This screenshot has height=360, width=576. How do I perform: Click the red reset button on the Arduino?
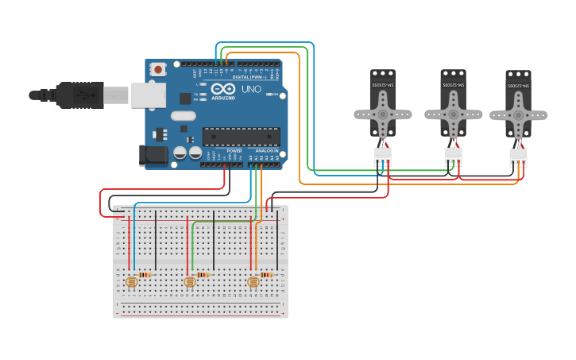158,69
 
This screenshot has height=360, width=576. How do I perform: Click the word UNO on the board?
251,89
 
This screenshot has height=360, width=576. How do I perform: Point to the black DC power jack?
153,156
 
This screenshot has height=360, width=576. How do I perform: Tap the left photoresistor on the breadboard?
132,281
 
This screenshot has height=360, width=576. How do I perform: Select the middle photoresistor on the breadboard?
190,281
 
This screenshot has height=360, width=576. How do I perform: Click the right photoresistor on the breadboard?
253,281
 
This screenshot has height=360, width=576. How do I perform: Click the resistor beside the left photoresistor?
145,275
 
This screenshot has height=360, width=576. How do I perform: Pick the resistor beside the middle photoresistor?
203,275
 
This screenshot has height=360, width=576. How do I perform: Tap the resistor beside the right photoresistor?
266,275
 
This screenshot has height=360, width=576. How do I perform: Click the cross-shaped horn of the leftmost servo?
383,114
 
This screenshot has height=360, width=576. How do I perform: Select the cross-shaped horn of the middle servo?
453,114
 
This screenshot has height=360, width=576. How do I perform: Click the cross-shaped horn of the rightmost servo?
518,115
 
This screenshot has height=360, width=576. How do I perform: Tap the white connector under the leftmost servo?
383,156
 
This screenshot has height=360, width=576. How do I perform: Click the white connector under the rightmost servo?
518,157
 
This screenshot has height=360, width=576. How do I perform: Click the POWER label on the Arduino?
234,150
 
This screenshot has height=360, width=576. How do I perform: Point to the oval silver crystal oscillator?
182,116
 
